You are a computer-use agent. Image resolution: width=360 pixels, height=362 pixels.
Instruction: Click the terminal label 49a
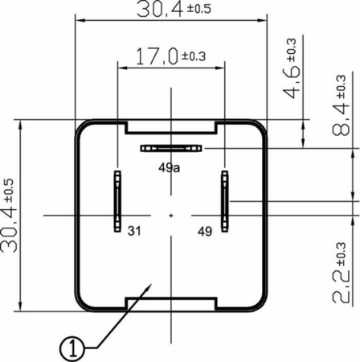pyautogui.click(x=170, y=168)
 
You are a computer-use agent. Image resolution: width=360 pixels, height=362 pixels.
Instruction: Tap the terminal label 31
pyautogui.click(x=134, y=231)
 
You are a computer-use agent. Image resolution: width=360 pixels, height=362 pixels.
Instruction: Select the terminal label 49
pyautogui.click(x=205, y=231)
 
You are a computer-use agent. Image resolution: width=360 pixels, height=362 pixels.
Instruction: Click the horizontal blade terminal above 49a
pyautogui.click(x=171, y=148)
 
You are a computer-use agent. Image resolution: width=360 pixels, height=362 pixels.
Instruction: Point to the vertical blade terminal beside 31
pyautogui.click(x=117, y=201)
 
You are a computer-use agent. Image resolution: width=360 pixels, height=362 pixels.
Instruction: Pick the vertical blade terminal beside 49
pyautogui.click(x=225, y=201)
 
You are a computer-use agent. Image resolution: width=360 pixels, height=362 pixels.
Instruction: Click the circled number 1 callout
pyautogui.click(x=72, y=349)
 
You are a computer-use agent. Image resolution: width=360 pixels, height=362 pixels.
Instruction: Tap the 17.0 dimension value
pyautogui.click(x=157, y=56)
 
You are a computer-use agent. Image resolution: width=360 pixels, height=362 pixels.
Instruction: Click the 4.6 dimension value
pyautogui.click(x=291, y=81)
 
